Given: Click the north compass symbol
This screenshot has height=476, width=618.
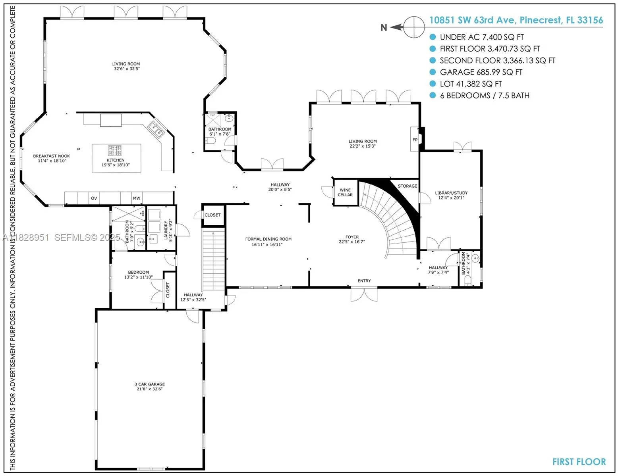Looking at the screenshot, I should pyautogui.click(x=413, y=27).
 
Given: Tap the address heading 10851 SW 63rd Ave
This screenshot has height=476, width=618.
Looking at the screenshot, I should pyautogui.click(x=516, y=20).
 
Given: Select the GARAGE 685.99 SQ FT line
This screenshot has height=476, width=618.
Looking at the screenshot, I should pyautogui.click(x=481, y=72).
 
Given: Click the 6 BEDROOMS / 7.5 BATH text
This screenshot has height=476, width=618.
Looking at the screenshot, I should pyautogui.click(x=484, y=96).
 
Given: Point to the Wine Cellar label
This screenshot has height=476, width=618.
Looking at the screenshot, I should pyautogui.click(x=345, y=192).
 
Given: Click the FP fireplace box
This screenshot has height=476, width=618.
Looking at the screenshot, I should pyautogui.click(x=415, y=140).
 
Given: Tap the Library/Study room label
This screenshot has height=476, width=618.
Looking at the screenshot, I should pyautogui.click(x=451, y=195).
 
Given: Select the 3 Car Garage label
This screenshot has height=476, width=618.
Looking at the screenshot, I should pyautogui.click(x=149, y=386).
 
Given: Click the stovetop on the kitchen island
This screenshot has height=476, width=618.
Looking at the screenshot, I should pyautogui.click(x=115, y=151).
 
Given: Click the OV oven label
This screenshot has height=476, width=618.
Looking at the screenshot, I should pyautogui.click(x=94, y=198).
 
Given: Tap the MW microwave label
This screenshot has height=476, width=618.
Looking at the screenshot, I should pyautogui.click(x=136, y=198).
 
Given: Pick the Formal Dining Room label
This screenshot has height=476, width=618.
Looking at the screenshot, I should pyautogui.click(x=268, y=242).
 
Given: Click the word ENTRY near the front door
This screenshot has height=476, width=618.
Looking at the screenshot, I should pyautogui.click(x=364, y=281).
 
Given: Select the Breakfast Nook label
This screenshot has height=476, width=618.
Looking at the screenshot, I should pyautogui.click(x=51, y=158).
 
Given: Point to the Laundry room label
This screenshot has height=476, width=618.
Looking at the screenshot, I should pyautogui.click(x=168, y=231).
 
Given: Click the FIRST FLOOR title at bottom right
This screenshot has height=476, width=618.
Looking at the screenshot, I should pyautogui.click(x=579, y=462).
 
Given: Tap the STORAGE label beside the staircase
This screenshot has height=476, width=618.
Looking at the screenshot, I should pyautogui.click(x=407, y=186).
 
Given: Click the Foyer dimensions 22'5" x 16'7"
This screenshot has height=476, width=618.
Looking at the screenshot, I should pyautogui.click(x=351, y=242).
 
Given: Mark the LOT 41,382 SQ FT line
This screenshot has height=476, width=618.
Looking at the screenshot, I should pyautogui.click(x=470, y=84).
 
